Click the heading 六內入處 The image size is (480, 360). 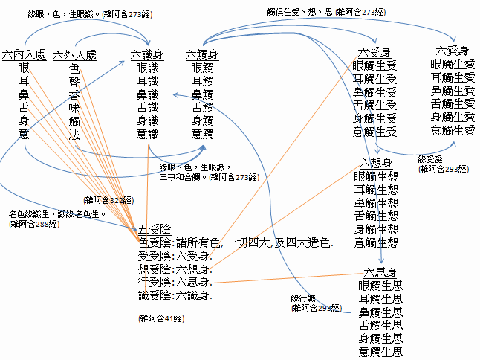coord(25,55)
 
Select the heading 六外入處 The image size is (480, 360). coord(74,55)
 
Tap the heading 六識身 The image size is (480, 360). coord(147,54)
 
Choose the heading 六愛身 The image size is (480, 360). coord(453,51)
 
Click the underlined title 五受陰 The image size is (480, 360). coord(155,228)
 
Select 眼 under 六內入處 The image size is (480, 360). coord(25,68)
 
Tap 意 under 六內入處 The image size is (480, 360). coord(25,135)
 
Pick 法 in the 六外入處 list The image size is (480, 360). coord(74,135)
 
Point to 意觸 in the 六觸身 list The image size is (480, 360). coord(202,135)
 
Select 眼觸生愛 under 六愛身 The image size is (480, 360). coord(453,64)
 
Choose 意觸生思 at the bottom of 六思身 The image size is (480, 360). coord(380,352)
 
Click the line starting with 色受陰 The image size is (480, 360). coord(236,242)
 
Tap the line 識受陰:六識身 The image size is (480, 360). coord(175,296)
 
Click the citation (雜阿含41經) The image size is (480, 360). coord(161,318)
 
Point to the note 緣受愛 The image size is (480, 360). coord(431,159)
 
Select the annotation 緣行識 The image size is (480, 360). coord(305,298)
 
